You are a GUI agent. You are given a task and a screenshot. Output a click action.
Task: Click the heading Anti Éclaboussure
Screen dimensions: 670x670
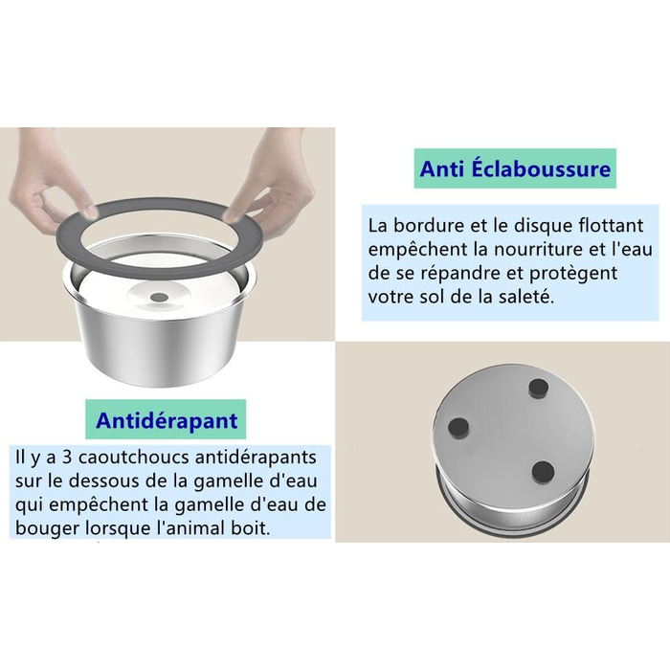[515, 168]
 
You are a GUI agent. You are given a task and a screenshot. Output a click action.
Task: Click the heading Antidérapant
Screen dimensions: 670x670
[167, 420]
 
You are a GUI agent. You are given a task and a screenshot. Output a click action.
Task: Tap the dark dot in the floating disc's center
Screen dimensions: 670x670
[160, 296]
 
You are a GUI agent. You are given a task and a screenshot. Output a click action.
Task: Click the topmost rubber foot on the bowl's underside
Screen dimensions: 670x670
[538, 388]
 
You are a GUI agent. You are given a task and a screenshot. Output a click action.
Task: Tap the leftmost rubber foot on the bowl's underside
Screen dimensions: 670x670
[458, 427]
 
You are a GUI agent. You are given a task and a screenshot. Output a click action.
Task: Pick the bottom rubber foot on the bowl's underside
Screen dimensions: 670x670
[543, 472]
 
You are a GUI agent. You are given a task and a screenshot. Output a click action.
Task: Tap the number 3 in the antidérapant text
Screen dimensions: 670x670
[67, 458]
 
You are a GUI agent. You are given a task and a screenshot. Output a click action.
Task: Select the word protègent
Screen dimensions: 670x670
[573, 274]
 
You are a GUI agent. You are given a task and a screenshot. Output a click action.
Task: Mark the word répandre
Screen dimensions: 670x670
[469, 274]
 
